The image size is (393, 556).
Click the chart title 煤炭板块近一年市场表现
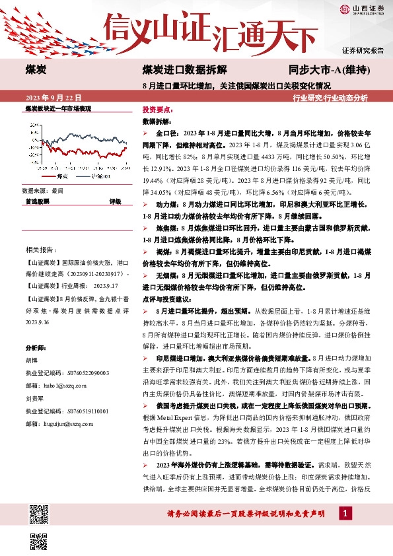click(58, 108)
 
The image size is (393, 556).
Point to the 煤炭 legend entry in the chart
click(58, 177)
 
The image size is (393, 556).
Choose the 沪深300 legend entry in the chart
click(99, 177)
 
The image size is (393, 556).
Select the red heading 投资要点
click(157, 110)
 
